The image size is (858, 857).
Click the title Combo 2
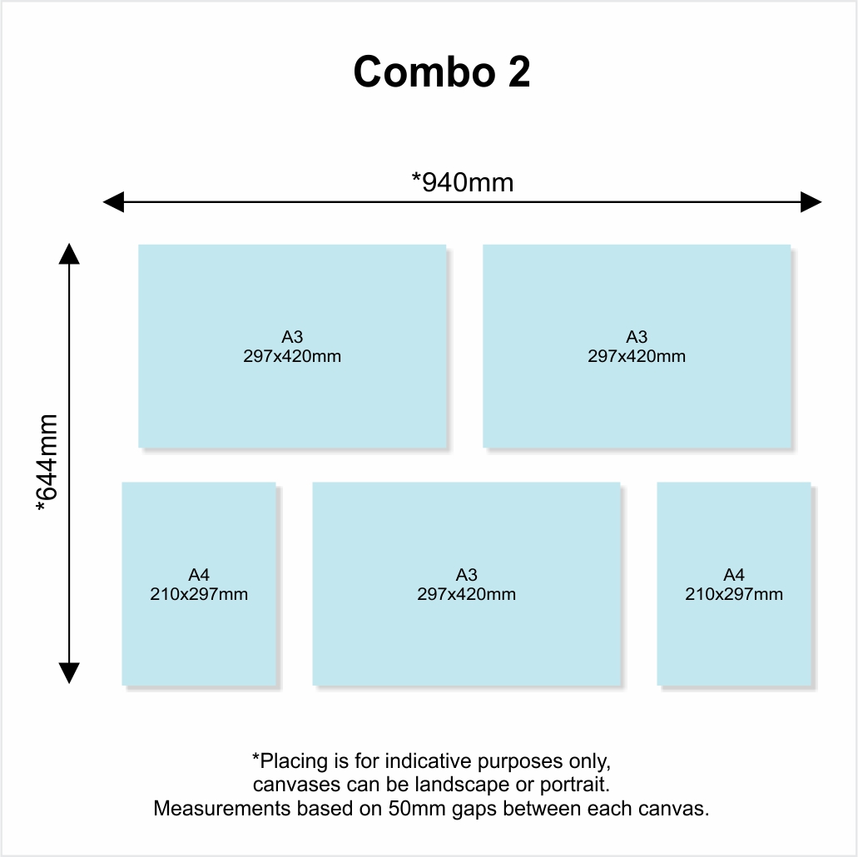442,72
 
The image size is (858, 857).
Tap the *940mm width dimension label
463,181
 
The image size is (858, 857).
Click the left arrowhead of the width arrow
112,202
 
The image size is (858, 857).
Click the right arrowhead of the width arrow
811,202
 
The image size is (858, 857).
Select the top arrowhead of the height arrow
69,253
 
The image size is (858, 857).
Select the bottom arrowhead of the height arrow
69,673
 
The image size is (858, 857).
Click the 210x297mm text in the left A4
199,594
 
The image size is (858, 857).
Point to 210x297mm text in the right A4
734,594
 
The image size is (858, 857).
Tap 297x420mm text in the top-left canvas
292,356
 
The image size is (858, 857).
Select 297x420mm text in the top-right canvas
637,356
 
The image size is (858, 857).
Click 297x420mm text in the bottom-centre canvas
466,594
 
